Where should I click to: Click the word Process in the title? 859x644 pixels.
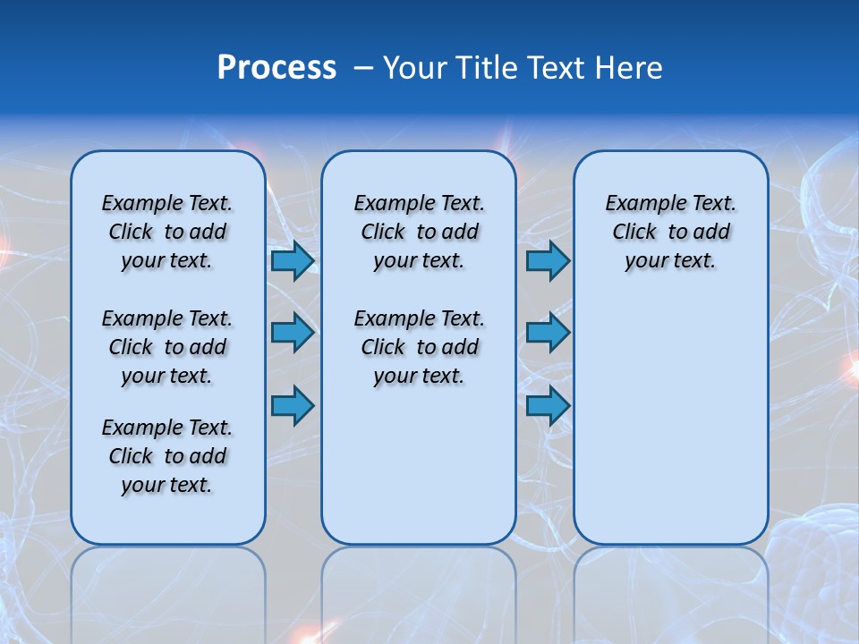tap(276, 68)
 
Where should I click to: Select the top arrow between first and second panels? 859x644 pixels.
tap(293, 260)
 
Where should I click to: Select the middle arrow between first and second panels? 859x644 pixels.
tap(293, 333)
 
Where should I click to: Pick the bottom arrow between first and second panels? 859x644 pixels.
tap(293, 405)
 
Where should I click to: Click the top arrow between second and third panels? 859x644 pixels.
tap(548, 260)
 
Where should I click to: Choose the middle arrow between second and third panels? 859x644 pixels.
tap(548, 333)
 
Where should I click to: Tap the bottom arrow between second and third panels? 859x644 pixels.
tap(548, 405)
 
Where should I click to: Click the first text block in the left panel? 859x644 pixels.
tap(167, 232)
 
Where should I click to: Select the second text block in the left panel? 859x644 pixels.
tap(167, 347)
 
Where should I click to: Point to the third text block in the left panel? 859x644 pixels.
tap(167, 456)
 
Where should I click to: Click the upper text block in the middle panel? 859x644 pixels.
tap(419, 232)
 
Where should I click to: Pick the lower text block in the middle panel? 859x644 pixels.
tap(419, 347)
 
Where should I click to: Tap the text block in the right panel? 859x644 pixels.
tap(670, 232)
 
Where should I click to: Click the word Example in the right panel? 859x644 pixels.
tap(639, 204)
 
